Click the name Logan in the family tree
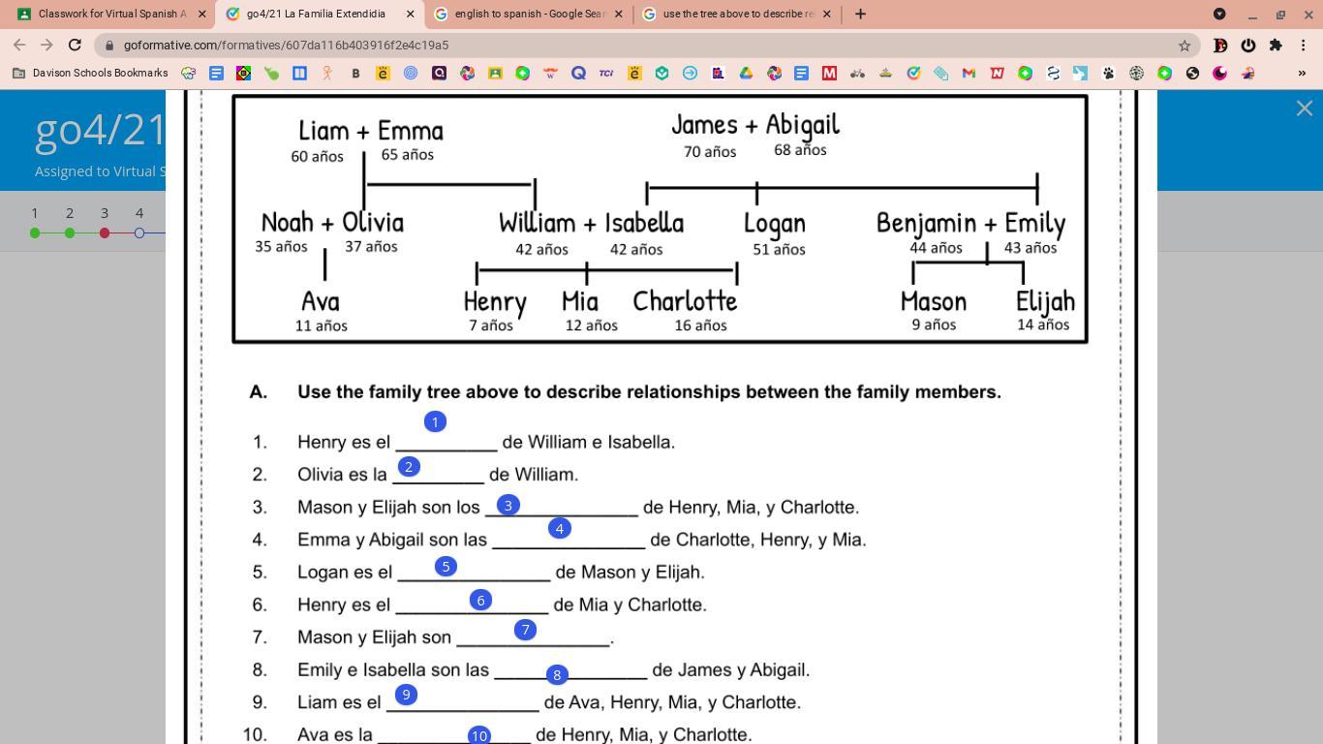point(774,224)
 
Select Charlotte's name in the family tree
point(685,301)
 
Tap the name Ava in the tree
point(321,301)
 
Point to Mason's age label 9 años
point(934,325)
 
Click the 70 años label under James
point(710,152)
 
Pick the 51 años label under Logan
point(779,250)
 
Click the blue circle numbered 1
point(435,421)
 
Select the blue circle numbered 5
point(446,567)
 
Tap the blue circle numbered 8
point(556,674)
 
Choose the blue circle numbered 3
point(508,505)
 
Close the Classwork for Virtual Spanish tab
point(202,15)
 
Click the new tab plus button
point(860,15)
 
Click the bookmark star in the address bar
point(1184,46)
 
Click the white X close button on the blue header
point(1304,108)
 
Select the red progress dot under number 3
point(105,232)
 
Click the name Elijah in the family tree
point(1045,301)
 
